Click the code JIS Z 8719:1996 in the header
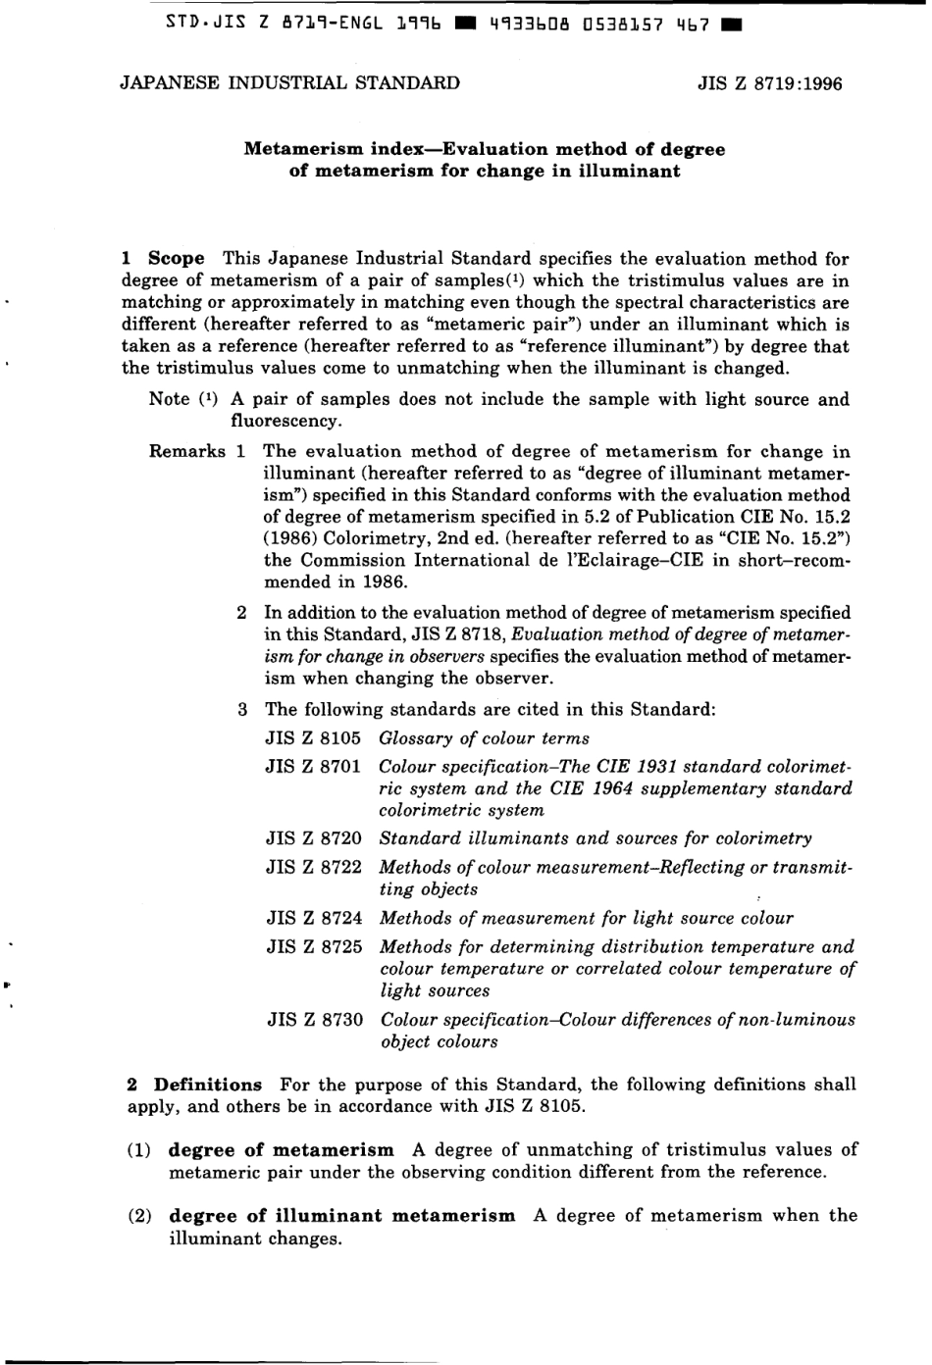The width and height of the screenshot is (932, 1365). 769,83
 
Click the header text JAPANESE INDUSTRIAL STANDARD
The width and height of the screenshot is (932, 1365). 289,82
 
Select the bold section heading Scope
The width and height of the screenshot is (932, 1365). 177,259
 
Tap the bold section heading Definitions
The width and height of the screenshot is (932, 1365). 208,1085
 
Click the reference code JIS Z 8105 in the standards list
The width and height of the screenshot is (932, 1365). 313,738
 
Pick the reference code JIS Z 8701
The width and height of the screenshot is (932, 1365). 313,766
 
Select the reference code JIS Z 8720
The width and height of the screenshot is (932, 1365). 314,838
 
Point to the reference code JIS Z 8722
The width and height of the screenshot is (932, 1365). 314,868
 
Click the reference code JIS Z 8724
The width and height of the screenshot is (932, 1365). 314,919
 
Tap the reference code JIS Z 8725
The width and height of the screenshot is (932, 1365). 314,947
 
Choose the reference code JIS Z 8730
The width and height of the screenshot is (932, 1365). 315,1020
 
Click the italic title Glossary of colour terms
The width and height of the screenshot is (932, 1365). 484,738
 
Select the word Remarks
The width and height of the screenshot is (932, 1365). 187,452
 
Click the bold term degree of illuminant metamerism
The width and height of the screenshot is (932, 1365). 341,1216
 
